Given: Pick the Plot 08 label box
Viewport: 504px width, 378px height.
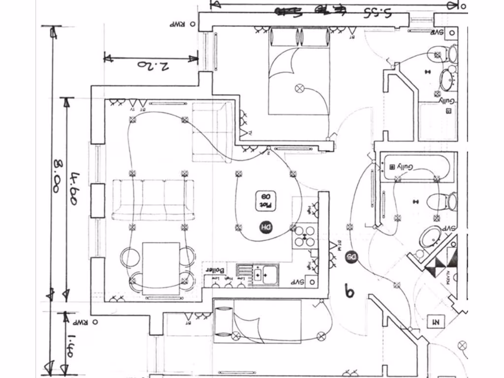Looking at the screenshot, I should click(265, 201).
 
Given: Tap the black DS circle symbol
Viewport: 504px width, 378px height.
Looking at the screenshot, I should click(350, 257).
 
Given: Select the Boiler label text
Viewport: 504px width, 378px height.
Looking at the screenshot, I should click(215, 270).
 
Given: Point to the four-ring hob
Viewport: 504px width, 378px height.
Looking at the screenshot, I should click(305, 237).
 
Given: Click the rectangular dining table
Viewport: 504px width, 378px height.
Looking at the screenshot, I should click(161, 268).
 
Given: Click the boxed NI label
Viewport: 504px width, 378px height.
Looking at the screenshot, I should click(436, 322).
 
